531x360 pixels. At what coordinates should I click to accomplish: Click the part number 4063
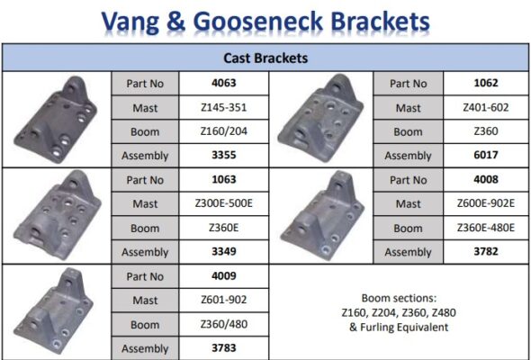point(223,84)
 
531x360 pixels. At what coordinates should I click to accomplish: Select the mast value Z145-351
point(223,108)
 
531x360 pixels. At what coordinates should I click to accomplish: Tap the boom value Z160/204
point(223,131)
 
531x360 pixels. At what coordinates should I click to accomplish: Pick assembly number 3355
point(223,155)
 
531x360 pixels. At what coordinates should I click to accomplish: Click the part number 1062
point(486,84)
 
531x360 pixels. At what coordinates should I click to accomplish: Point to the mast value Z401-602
point(486,108)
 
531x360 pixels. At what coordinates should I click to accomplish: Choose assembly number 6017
point(486,155)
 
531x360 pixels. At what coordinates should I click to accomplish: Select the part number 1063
point(223,179)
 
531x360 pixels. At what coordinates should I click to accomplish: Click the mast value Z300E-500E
point(223,203)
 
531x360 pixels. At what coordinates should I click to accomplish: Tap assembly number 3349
point(223,252)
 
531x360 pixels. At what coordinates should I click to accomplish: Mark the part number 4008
point(486,179)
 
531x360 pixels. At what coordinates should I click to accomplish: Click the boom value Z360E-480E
point(486,228)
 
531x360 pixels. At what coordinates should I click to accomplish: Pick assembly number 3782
point(486,252)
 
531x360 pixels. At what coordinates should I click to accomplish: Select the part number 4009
point(223,276)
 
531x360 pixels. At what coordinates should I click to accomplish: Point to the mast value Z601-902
point(223,300)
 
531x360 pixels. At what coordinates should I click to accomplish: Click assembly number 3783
point(223,348)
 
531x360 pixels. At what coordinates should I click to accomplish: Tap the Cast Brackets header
point(265,58)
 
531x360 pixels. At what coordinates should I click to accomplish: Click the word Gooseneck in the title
point(258,22)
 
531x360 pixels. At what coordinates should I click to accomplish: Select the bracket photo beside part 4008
point(322,216)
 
